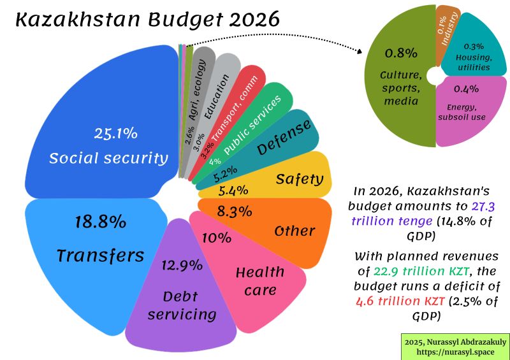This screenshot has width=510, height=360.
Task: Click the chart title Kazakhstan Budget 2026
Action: pos(147,20)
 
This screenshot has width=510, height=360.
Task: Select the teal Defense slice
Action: pos(280,143)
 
